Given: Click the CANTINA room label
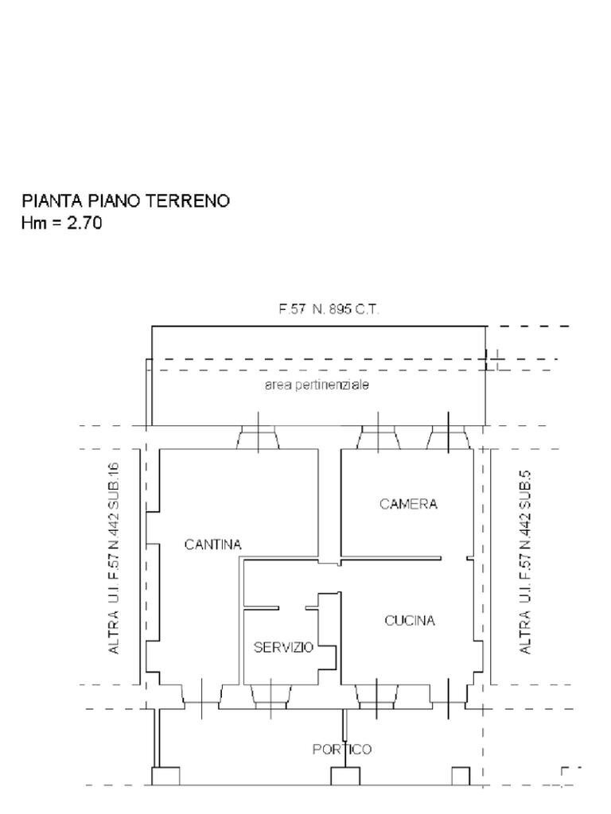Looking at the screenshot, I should pyautogui.click(x=212, y=545).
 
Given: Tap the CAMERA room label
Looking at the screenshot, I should pyautogui.click(x=408, y=504).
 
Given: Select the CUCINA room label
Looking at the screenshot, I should pyautogui.click(x=410, y=621).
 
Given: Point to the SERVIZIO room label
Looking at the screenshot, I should pyautogui.click(x=283, y=647).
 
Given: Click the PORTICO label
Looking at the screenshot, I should pyautogui.click(x=341, y=749).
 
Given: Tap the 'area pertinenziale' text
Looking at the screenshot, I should pyautogui.click(x=317, y=385).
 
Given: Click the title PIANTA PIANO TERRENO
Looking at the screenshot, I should pyautogui.click(x=126, y=201).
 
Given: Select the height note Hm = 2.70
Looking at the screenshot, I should pyautogui.click(x=61, y=223).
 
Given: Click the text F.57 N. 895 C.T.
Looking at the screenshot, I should pyautogui.click(x=329, y=310).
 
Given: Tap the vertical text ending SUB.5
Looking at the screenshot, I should pyautogui.click(x=525, y=563).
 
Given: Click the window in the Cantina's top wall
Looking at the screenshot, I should pyautogui.click(x=258, y=436).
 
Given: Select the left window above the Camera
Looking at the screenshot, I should pyautogui.click(x=377, y=436).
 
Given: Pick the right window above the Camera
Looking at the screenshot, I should pyautogui.click(x=446, y=436).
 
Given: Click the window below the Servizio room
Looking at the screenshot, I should pyautogui.click(x=270, y=696).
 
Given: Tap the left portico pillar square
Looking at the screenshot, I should pyautogui.click(x=165, y=776).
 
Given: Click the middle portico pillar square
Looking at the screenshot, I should pyautogui.click(x=345, y=776).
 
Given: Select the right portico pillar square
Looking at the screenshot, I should pyautogui.click(x=461, y=776).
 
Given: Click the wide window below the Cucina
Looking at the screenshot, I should pyautogui.click(x=377, y=696).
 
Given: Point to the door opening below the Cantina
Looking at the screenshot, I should pyautogui.click(x=201, y=698).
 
